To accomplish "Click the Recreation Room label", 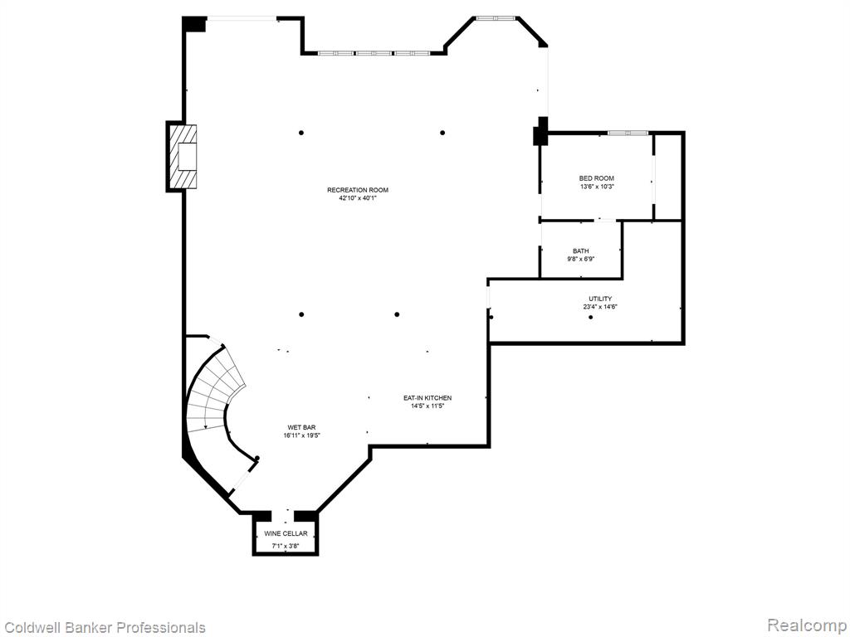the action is coord(358,190).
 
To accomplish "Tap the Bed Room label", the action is coord(596,178).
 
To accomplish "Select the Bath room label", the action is coord(580,251).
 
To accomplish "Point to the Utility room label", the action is coord(600,299).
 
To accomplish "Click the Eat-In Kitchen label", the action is coord(427,398).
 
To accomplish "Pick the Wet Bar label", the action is coord(302,427).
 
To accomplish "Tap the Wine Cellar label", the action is coord(286,533).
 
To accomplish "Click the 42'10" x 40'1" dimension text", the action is coord(358,198).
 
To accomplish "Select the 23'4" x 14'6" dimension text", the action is coord(600,307).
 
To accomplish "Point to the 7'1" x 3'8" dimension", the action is coord(286,546).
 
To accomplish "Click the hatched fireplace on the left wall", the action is coord(182,157).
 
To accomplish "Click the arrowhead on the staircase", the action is coord(206,426).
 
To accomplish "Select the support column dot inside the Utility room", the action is coord(591,317).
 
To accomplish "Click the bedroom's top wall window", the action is coord(628,133).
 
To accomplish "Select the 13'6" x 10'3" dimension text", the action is coord(596,187).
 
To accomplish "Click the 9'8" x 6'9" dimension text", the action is coord(580,259).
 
